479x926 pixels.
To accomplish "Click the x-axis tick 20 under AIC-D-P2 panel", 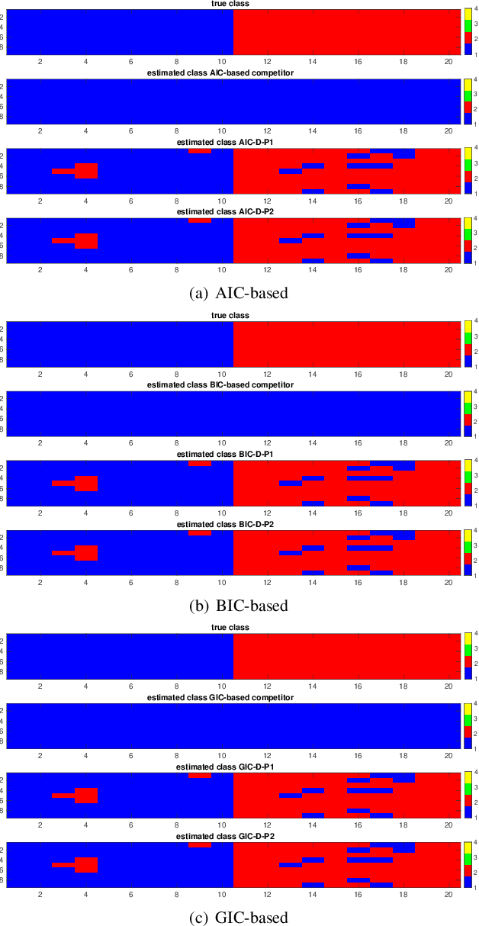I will [x=450, y=270].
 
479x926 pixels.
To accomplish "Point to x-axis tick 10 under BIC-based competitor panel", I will [x=222, y=444].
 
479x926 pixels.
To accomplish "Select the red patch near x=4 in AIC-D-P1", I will [x=85, y=171].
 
